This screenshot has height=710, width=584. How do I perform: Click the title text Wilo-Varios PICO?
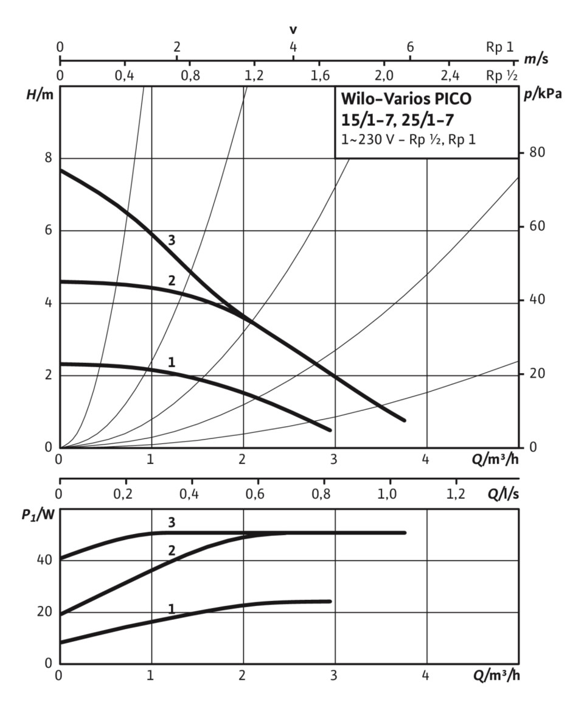tap(406, 98)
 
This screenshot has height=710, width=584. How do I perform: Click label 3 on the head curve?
tap(172, 240)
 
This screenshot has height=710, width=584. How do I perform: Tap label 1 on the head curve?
tap(172, 362)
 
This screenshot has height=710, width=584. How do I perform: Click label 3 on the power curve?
tap(172, 522)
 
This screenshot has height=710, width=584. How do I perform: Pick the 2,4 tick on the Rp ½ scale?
tap(449, 76)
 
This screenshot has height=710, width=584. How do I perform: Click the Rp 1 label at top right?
tap(499, 47)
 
